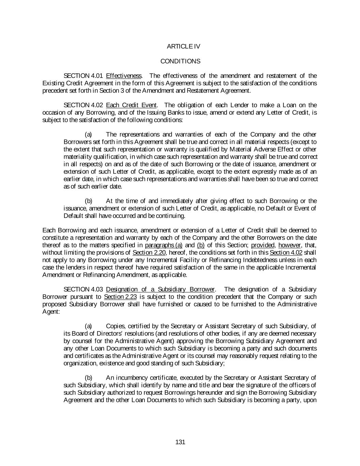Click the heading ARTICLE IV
(184, 46)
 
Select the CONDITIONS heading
(180, 61)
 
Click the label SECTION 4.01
(83, 76)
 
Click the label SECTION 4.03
(83, 290)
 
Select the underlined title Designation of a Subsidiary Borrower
(160, 290)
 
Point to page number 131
(180, 442)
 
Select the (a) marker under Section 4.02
(88, 135)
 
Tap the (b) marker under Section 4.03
(88, 378)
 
